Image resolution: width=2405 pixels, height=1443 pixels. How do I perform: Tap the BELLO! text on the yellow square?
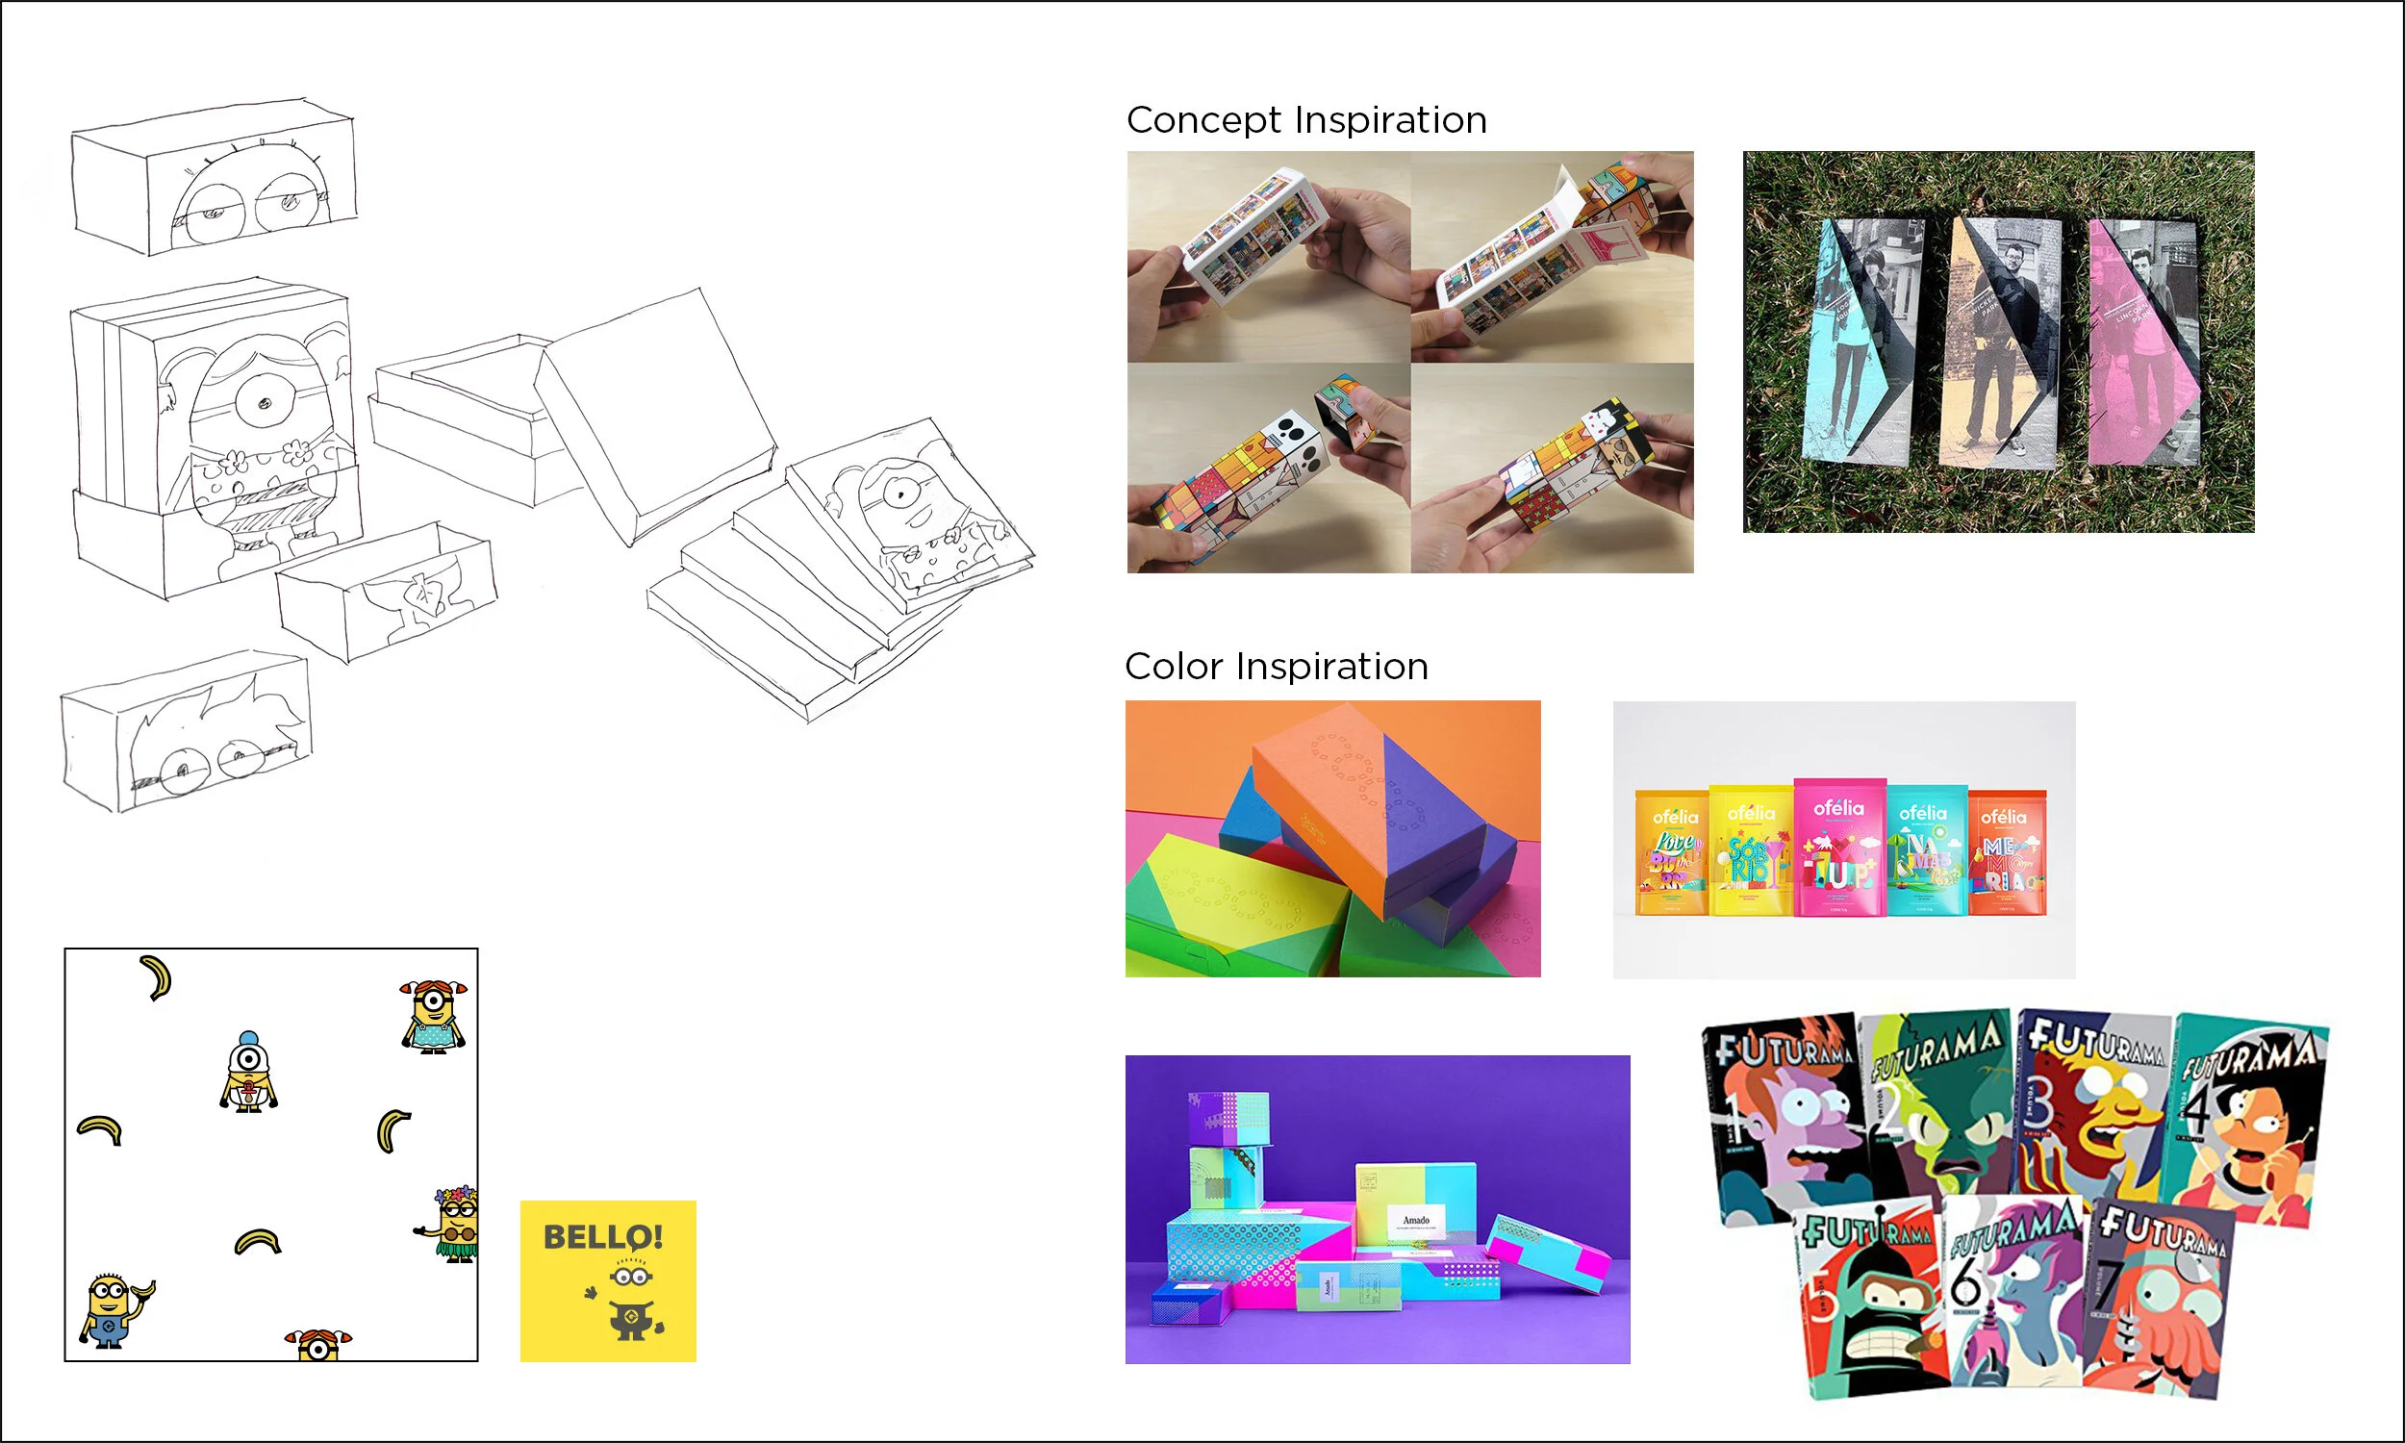tap(603, 1237)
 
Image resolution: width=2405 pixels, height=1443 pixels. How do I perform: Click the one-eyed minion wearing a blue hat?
tap(248, 1072)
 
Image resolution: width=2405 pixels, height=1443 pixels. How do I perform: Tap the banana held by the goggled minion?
tap(144, 1289)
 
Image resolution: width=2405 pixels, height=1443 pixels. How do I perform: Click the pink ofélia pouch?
tap(1838, 848)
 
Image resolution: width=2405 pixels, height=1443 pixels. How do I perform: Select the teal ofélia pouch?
tap(1925, 851)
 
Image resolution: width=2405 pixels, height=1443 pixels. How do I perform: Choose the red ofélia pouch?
tap(2007, 853)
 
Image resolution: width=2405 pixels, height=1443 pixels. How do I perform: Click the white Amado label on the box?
tap(1415, 1221)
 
